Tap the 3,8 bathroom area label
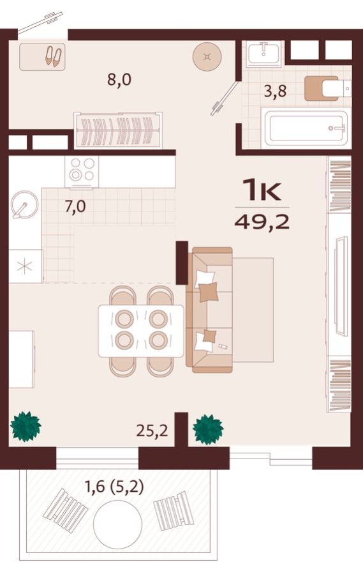pos(275,90)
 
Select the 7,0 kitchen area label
pos(75,208)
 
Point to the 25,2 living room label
pos(152,430)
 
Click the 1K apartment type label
pos(262,190)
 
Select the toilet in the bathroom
pos(325,88)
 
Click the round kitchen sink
pos(24,206)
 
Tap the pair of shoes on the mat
pos(53,57)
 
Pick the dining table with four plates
pos(141,330)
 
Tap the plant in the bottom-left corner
pos(26,426)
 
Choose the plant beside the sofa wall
pos(208,429)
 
